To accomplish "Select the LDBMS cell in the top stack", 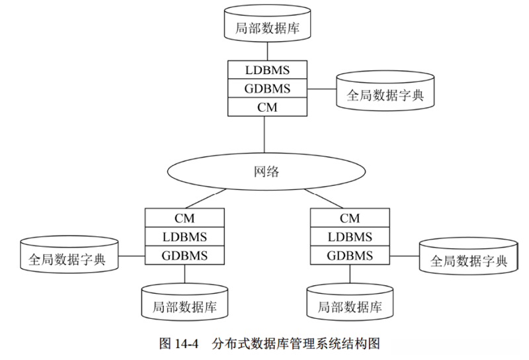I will click(x=266, y=69).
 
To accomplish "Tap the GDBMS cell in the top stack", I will click(x=266, y=87).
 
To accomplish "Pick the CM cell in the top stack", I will click(x=266, y=106).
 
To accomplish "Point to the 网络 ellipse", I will click(x=266, y=172).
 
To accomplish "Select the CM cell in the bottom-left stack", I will click(x=184, y=218).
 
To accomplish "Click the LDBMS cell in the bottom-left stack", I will click(x=184, y=236).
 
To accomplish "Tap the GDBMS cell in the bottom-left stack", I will click(x=184, y=255).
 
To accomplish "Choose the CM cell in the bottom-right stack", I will click(x=350, y=218).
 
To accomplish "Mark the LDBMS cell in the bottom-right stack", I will click(x=350, y=236).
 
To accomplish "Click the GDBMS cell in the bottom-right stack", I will click(x=350, y=255).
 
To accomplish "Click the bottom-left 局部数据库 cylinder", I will click(x=184, y=305).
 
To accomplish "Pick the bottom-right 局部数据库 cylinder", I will click(x=350, y=305).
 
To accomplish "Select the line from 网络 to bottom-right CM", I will click(x=327, y=199).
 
